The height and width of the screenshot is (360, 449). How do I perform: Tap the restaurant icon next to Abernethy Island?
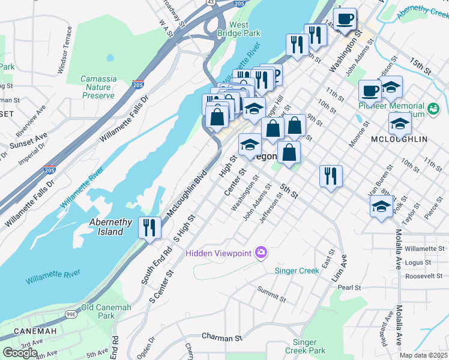coord(149,227)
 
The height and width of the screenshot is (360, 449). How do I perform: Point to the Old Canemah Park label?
coord(98,311)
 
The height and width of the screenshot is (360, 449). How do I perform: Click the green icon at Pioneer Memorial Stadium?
coord(433,109)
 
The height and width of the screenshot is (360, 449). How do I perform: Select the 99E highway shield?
coord(71,314)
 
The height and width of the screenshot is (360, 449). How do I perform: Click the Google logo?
coord(19,353)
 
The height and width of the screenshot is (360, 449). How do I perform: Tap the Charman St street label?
coord(221,337)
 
